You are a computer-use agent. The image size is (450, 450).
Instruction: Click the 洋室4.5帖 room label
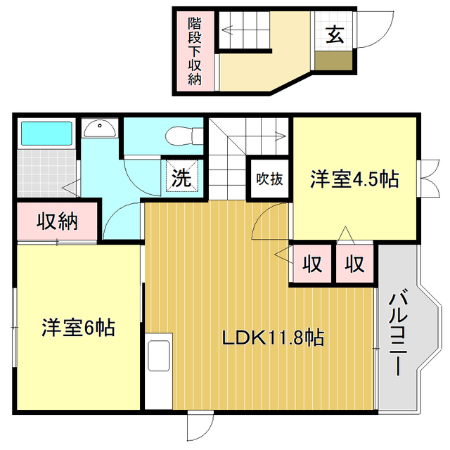click(x=355, y=180)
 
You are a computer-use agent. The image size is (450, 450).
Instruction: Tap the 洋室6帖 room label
click(x=78, y=328)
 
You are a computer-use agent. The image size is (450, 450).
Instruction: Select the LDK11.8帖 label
click(x=273, y=338)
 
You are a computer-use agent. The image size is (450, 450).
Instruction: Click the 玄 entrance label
click(x=335, y=34)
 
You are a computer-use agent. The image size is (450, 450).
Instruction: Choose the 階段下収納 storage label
click(x=195, y=51)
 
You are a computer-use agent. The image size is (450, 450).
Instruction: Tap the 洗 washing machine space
click(x=181, y=177)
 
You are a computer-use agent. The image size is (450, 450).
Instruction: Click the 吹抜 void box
click(x=269, y=179)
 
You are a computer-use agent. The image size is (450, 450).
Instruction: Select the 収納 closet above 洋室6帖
click(x=57, y=222)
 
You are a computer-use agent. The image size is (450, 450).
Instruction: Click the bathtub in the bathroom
click(x=46, y=133)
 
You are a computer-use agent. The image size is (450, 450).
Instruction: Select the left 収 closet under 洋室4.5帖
click(x=311, y=264)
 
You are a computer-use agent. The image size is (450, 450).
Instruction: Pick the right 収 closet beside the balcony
click(x=354, y=264)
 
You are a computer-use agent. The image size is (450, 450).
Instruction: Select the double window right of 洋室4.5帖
click(x=426, y=179)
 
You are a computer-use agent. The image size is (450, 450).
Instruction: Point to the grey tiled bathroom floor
click(x=45, y=171)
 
